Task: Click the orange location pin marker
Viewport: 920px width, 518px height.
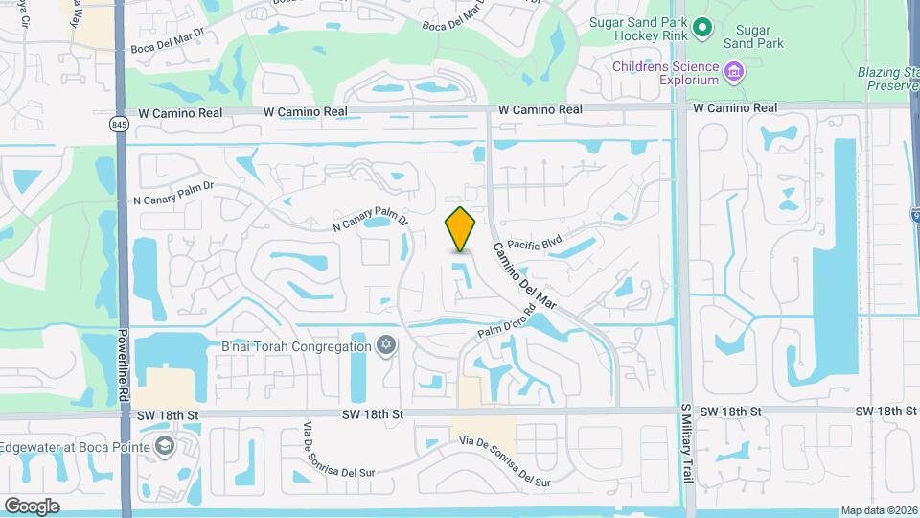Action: (x=461, y=229)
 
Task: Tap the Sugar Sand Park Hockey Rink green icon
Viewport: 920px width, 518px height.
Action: (x=702, y=28)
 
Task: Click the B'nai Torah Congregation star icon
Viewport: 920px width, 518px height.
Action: (x=387, y=346)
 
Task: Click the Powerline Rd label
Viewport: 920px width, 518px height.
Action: (x=124, y=366)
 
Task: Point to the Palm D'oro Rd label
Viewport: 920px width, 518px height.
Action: (x=506, y=323)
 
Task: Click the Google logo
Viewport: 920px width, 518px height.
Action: (x=32, y=506)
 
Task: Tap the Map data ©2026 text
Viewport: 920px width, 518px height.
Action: (x=878, y=510)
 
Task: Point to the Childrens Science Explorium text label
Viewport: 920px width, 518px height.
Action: (x=668, y=73)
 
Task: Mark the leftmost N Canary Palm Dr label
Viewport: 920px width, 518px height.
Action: (x=170, y=200)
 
